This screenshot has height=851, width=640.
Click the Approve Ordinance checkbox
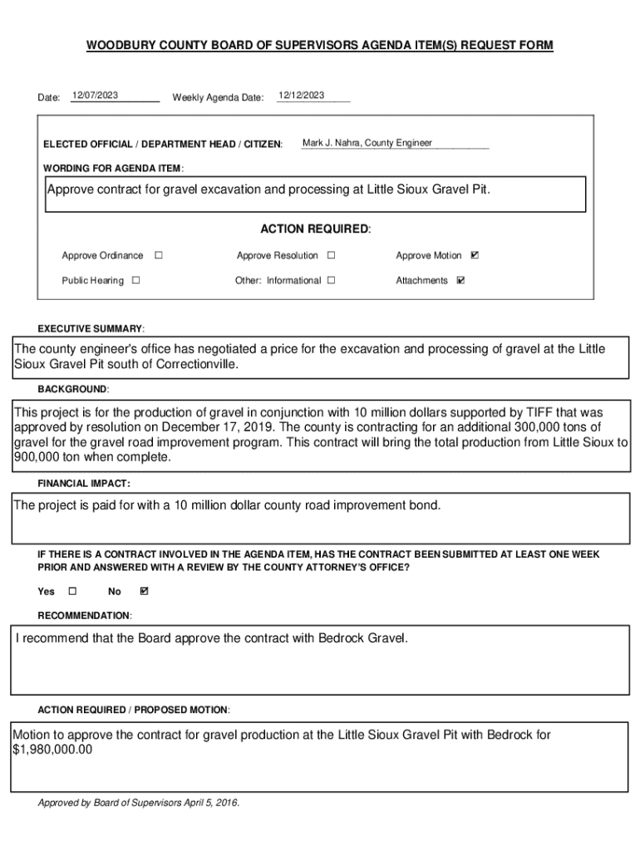(x=159, y=255)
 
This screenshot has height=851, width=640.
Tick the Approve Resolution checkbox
(x=331, y=255)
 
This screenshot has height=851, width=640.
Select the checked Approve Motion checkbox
(x=475, y=255)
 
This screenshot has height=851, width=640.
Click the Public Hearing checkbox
(x=135, y=280)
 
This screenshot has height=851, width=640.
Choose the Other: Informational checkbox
(x=331, y=280)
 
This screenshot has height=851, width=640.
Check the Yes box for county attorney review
(x=71, y=591)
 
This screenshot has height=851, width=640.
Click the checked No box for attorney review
(x=145, y=591)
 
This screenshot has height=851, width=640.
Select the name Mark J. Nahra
(x=331, y=143)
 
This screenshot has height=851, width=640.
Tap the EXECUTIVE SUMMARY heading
(x=91, y=328)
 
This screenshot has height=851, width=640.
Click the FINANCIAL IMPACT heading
(x=83, y=483)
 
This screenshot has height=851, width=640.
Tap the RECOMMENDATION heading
(x=84, y=615)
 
